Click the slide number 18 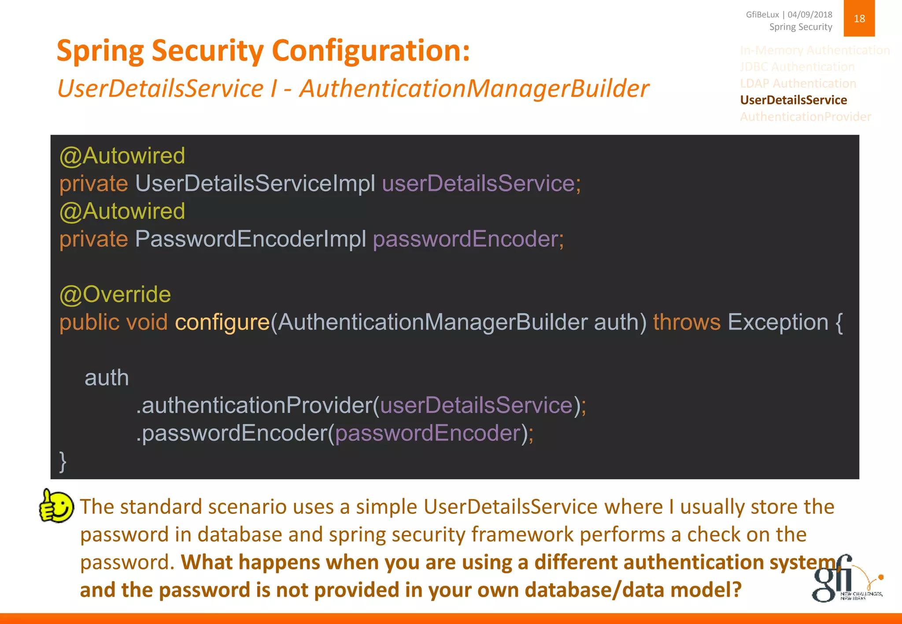pyautogui.click(x=859, y=18)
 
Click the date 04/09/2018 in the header pyautogui.click(x=810, y=15)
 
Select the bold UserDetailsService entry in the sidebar pyautogui.click(x=793, y=100)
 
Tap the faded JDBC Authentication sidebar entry pyautogui.click(x=797, y=67)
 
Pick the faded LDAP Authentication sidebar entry pyautogui.click(x=798, y=84)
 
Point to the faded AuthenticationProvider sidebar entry pyautogui.click(x=806, y=117)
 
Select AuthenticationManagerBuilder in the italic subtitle pyautogui.click(x=474, y=88)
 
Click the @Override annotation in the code pyautogui.click(x=115, y=294)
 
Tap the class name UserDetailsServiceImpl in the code pyautogui.click(x=255, y=184)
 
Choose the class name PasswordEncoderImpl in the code pyautogui.click(x=250, y=239)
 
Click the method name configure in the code pyautogui.click(x=222, y=323)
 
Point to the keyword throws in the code pyautogui.click(x=686, y=323)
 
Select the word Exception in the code pyautogui.click(x=778, y=323)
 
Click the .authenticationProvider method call pyautogui.click(x=255, y=405)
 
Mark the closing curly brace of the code pyautogui.click(x=63, y=462)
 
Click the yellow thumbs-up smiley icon pyautogui.click(x=56, y=507)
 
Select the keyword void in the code pyautogui.click(x=147, y=323)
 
